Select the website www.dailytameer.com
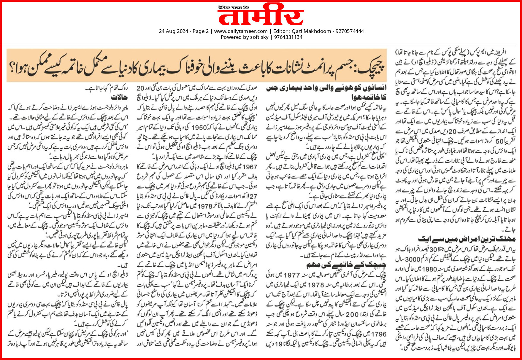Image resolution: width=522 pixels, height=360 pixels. pyautogui.click(x=241, y=31)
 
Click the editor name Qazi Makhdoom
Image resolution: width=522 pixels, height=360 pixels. pyautogui.click(x=312, y=31)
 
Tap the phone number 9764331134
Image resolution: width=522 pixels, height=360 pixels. pyautogui.click(x=288, y=37)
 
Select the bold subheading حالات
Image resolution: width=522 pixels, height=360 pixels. pyautogui.click(x=119, y=98)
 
